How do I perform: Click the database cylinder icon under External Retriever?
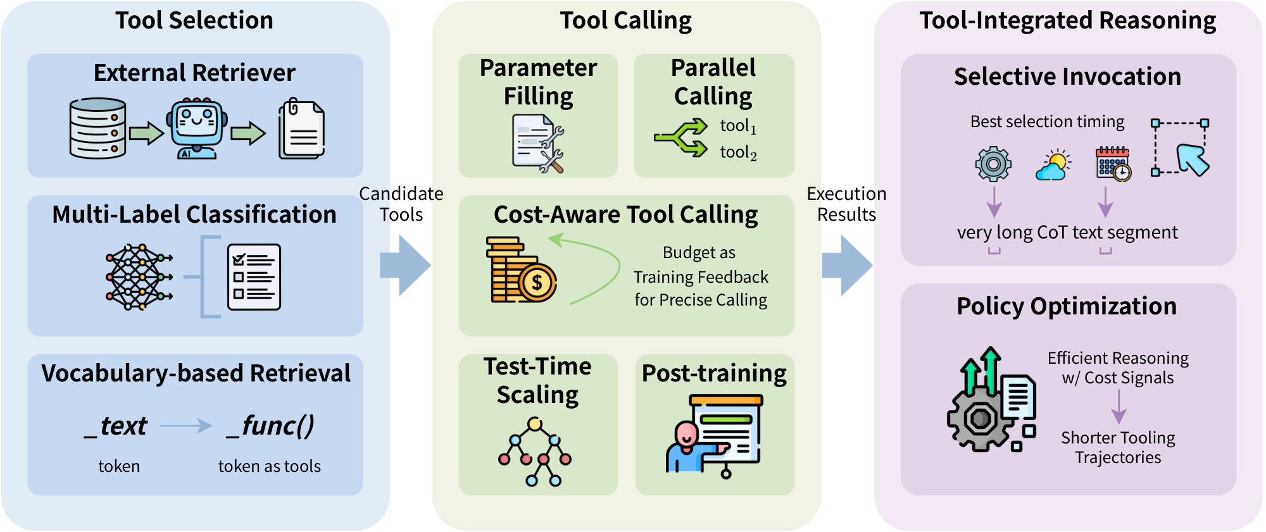tap(97, 128)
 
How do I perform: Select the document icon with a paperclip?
tap(302, 129)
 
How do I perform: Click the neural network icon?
tap(139, 277)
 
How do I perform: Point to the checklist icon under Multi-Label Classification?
tap(254, 277)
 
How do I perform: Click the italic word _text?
tap(116, 426)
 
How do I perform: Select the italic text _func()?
tap(271, 426)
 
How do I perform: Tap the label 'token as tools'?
tap(269, 466)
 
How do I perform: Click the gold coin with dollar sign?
tap(537, 282)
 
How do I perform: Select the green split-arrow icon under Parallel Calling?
tap(682, 137)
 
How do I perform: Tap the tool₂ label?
tap(738, 152)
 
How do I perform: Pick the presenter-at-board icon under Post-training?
tap(715, 435)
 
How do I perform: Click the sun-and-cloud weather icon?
tap(1053, 166)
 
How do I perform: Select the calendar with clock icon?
tap(1113, 164)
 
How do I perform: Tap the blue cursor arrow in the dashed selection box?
tap(1193, 159)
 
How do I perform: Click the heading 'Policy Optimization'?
tap(1067, 306)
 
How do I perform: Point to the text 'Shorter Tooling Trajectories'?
tap(1118, 447)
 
